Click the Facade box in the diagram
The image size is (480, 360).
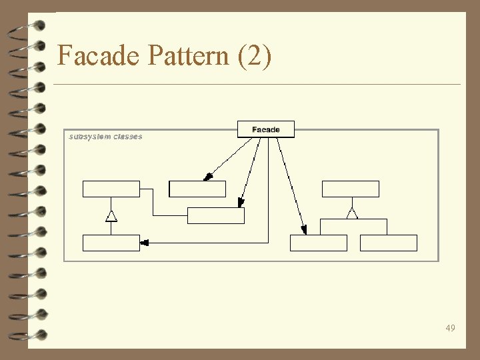265,129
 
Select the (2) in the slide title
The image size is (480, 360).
254,55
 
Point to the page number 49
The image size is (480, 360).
451,328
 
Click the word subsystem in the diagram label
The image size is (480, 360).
89,137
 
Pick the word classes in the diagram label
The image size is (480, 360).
127,137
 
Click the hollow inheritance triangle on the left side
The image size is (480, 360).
111,215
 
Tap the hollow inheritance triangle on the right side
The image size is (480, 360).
352,213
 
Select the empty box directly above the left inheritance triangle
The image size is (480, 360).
111,189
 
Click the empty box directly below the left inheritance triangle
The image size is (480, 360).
111,243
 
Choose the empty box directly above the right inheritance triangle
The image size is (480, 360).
350,189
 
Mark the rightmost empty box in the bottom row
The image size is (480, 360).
388,243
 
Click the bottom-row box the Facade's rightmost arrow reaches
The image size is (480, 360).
319,243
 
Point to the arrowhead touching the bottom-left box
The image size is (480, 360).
145,243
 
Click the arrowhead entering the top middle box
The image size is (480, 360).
208,177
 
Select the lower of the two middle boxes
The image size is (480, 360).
215,215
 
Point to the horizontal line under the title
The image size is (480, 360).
257,85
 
